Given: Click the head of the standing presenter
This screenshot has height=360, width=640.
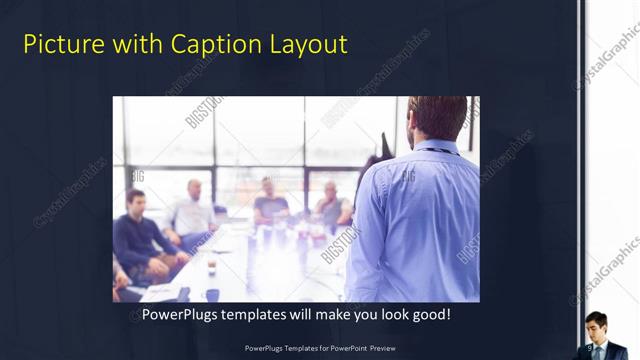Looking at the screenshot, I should (x=436, y=118).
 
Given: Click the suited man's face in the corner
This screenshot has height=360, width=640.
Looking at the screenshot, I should (x=596, y=326).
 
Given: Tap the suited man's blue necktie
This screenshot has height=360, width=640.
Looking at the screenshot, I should (x=597, y=350).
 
